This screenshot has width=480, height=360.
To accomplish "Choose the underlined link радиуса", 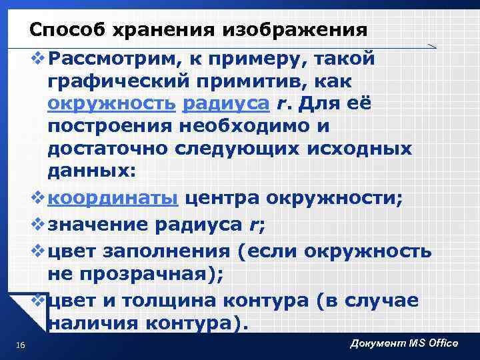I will [225, 104].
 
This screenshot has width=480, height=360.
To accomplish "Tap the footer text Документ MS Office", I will [404, 343].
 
